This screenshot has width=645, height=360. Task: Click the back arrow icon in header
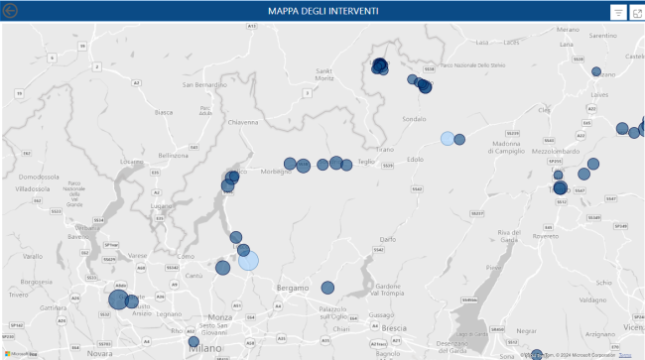pos(12,12)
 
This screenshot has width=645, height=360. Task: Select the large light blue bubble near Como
pos(248,260)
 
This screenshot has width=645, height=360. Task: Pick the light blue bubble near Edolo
pos(448,139)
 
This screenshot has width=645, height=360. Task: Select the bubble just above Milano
pos(193,342)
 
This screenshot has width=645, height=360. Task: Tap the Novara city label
pos(99,352)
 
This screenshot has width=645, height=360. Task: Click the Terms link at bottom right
pos(625,354)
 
